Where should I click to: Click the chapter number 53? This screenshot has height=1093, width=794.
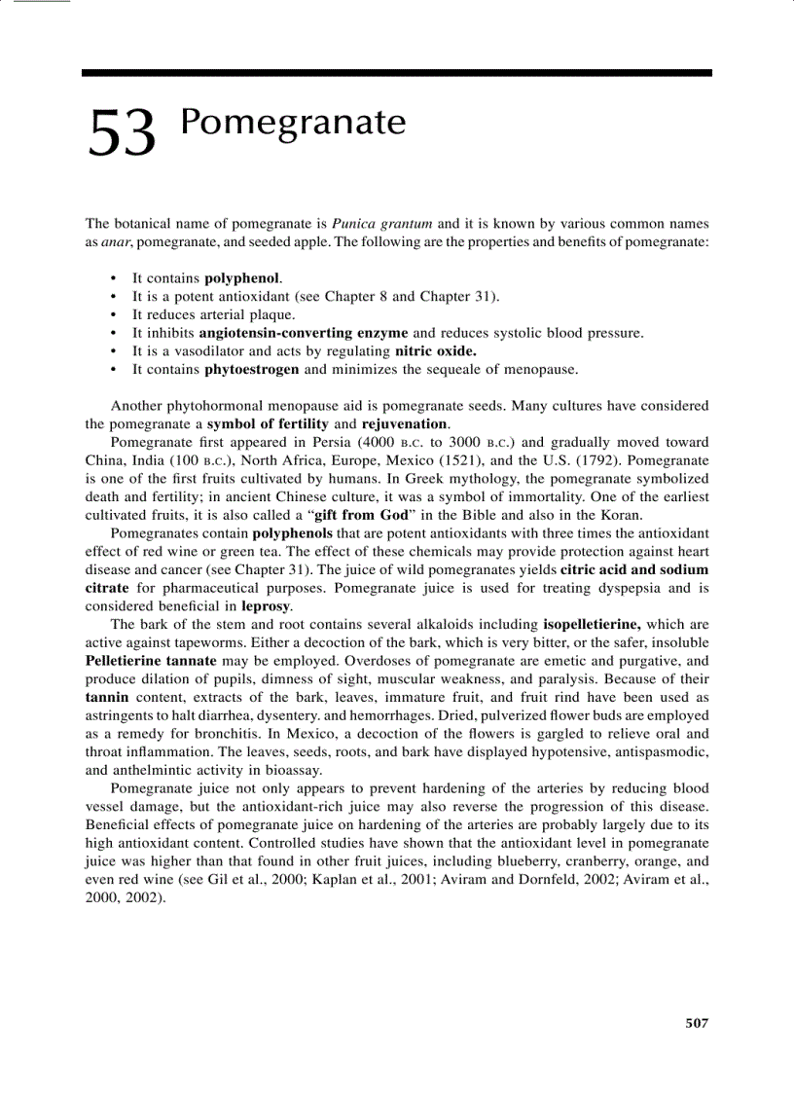coord(122,133)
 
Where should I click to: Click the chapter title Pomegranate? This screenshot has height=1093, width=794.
coord(293,124)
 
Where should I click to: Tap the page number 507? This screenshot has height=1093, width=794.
coord(697,1022)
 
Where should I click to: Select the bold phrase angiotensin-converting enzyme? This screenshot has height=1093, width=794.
coord(304,333)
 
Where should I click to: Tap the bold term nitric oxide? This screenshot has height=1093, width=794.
coord(435,351)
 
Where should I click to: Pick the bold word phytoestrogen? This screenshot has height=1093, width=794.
coord(252,370)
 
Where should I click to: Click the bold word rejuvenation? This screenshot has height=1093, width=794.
coord(405,424)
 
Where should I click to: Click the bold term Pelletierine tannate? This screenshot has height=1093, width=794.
coord(152,661)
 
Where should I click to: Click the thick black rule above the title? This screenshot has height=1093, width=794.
coord(397,73)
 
